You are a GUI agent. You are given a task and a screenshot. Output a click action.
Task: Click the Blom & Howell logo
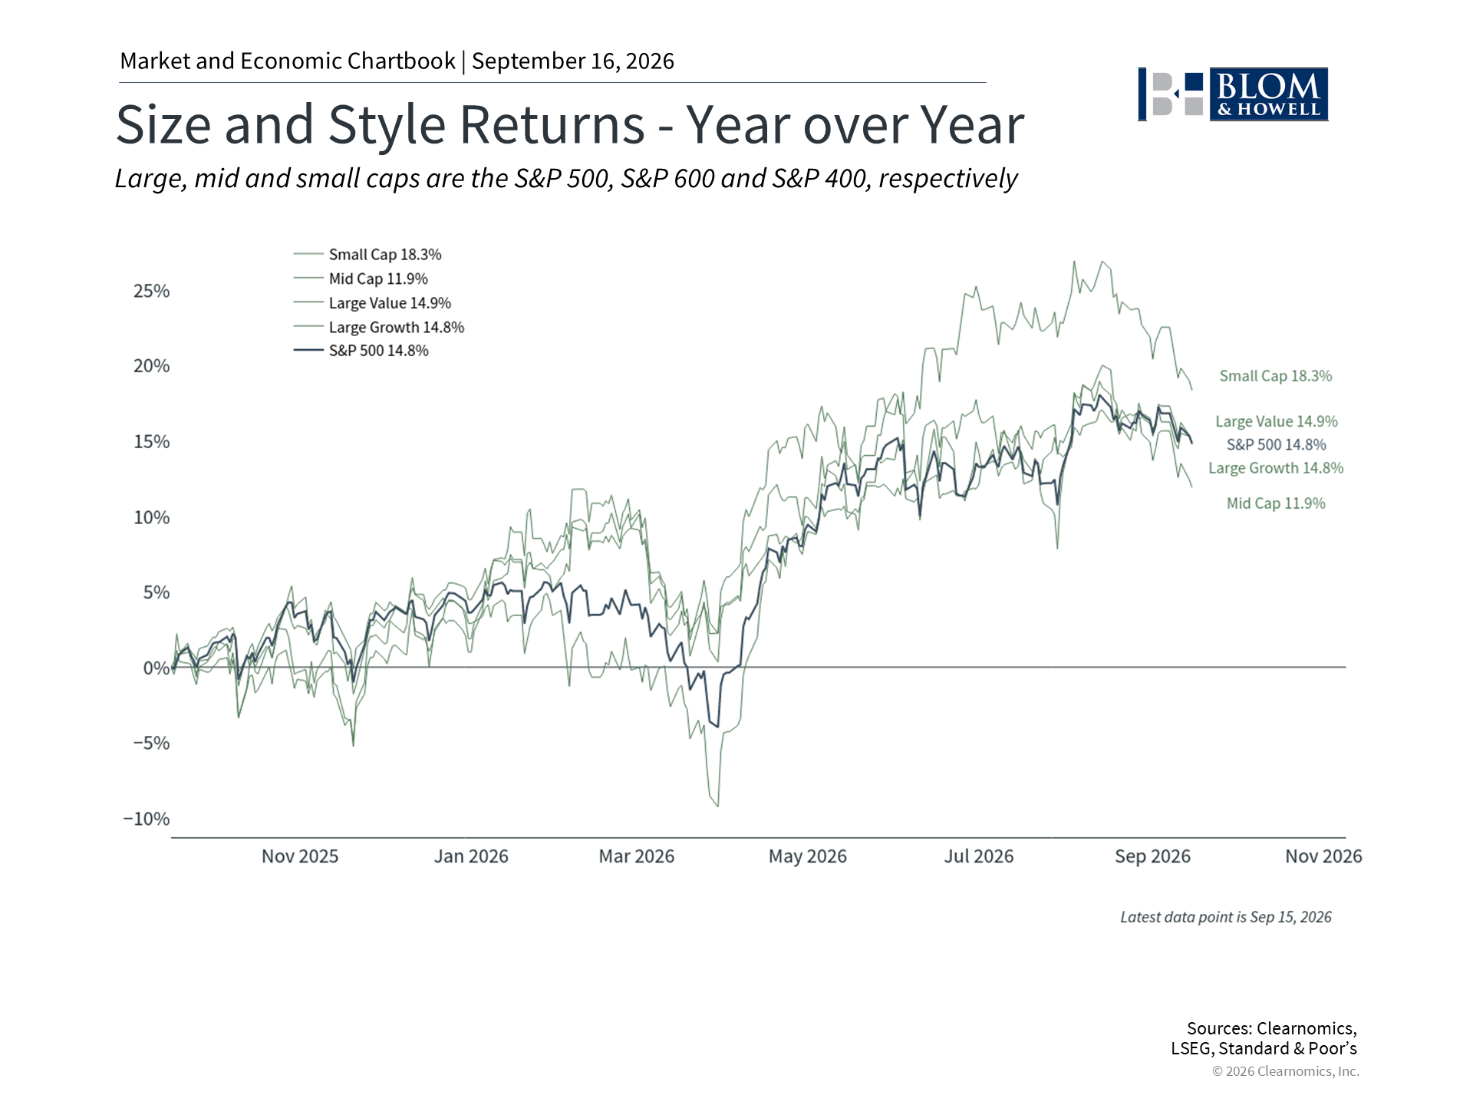(1233, 94)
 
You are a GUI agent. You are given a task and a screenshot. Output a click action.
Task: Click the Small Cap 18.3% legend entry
(367, 254)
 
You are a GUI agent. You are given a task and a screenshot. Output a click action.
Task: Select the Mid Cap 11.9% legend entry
(361, 279)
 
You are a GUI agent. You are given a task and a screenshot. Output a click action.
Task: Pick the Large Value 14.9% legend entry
(372, 303)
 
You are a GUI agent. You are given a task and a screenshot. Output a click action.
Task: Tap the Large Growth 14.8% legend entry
(379, 327)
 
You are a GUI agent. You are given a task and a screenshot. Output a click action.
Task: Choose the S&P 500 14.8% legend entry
(361, 351)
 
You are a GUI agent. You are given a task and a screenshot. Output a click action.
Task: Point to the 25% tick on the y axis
(152, 291)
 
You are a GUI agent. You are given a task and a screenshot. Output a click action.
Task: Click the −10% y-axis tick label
(147, 819)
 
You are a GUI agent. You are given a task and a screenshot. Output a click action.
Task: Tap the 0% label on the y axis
(157, 668)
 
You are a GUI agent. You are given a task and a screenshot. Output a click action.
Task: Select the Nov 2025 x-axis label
(300, 856)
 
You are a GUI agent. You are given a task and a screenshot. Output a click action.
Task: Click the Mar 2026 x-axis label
(637, 856)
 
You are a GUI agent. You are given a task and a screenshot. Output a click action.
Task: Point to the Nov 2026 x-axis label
(1323, 856)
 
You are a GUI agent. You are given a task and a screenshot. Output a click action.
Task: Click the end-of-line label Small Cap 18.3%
(1276, 376)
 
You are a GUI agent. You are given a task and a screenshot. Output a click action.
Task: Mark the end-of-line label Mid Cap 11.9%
(1276, 503)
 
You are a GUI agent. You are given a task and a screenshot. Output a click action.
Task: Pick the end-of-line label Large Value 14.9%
(1277, 421)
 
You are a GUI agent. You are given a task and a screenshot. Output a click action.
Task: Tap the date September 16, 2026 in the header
(573, 61)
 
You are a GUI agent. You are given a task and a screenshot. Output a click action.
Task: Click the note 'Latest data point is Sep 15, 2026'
(1226, 917)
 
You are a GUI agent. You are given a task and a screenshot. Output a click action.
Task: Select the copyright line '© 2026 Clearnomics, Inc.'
(1286, 1071)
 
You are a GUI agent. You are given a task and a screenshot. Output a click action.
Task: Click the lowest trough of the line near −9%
(717, 806)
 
